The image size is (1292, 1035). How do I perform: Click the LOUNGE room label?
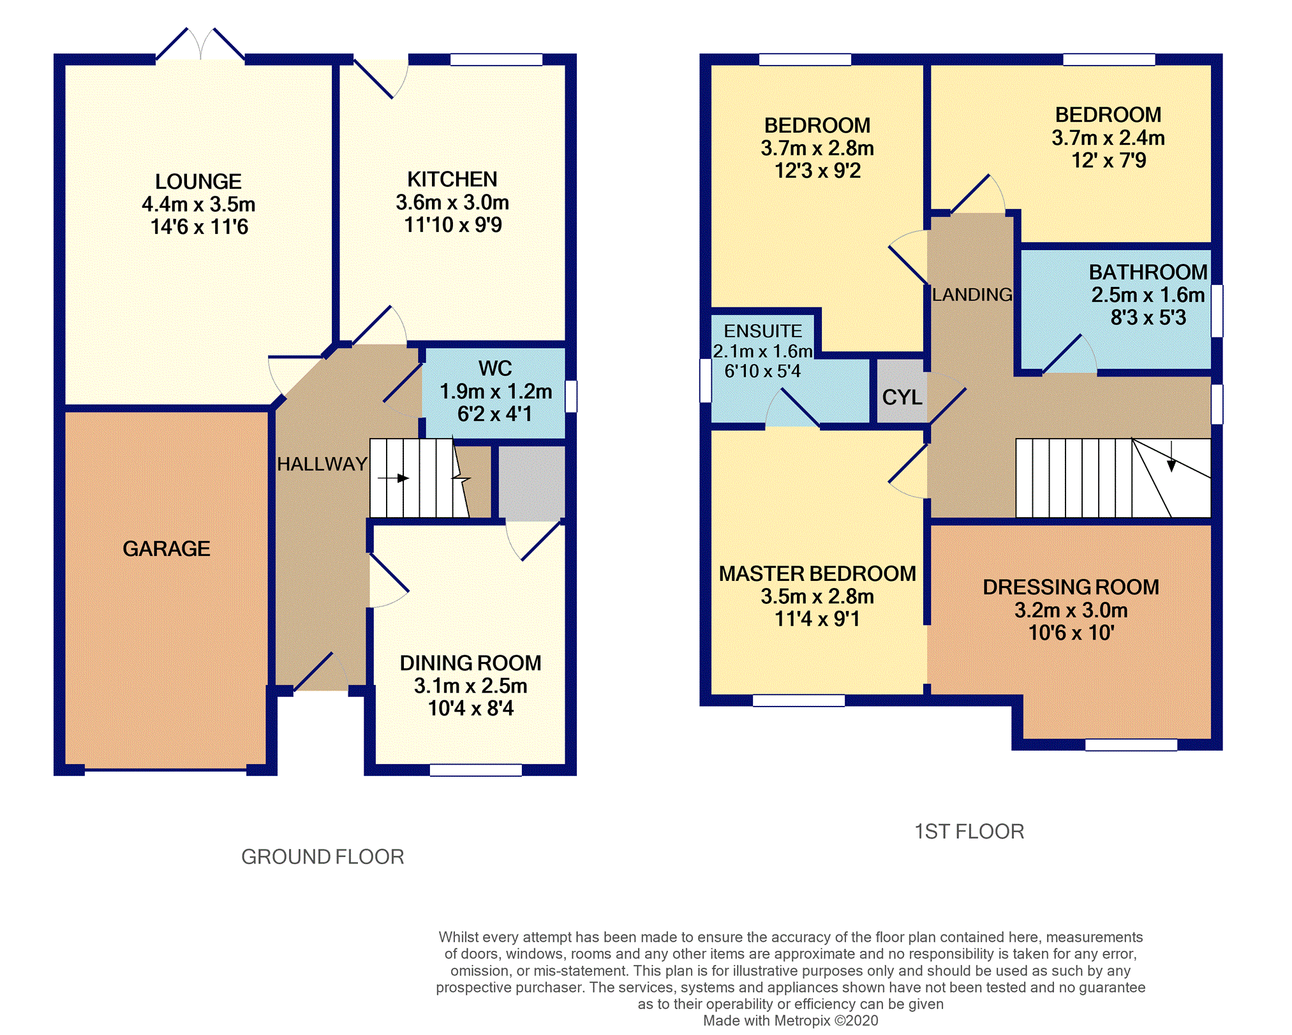pyautogui.click(x=198, y=182)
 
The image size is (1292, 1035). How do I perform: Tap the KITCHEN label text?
pyautogui.click(x=452, y=179)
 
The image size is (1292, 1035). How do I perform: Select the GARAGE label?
pyautogui.click(x=167, y=548)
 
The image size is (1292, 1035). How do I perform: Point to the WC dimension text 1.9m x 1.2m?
pyautogui.click(x=496, y=391)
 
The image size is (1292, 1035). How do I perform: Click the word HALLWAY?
pyautogui.click(x=322, y=464)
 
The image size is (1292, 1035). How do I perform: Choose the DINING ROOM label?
pyautogui.click(x=471, y=663)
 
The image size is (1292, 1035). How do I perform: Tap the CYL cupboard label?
pyautogui.click(x=902, y=397)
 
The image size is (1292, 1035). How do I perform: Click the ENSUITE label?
pyautogui.click(x=763, y=331)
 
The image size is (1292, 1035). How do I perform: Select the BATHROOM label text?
pyautogui.click(x=1148, y=272)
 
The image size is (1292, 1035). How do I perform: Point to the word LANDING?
pyautogui.click(x=972, y=295)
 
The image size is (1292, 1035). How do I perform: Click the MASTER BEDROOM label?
pyautogui.click(x=818, y=574)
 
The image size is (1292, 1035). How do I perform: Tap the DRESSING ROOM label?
pyautogui.click(x=1071, y=587)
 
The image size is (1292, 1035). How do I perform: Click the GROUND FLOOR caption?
pyautogui.click(x=323, y=856)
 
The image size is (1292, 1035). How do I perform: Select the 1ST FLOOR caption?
pyautogui.click(x=969, y=832)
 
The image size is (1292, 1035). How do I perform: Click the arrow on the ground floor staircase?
pyautogui.click(x=393, y=478)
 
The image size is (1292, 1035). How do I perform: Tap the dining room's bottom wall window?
pyautogui.click(x=476, y=770)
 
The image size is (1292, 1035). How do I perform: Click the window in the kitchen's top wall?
pyautogui.click(x=496, y=59)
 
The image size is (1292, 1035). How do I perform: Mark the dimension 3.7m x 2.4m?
pyautogui.click(x=1109, y=138)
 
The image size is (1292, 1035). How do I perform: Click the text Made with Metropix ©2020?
pyautogui.click(x=791, y=1020)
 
